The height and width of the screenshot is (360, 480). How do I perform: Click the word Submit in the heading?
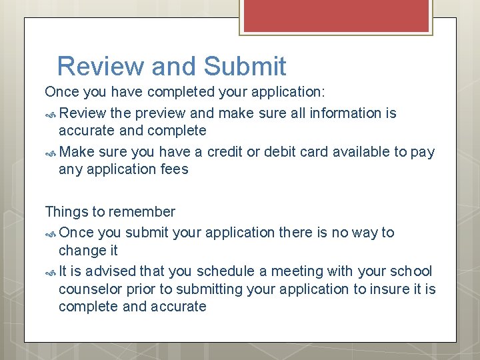tap(245, 67)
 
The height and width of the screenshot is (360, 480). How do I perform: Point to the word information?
tap(349, 113)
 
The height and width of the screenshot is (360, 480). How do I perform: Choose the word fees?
tap(174, 169)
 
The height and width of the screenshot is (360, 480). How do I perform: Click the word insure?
tap(387, 289)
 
